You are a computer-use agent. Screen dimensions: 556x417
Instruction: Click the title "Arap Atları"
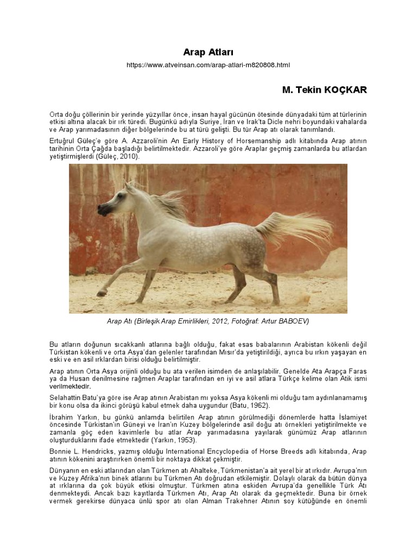(208, 52)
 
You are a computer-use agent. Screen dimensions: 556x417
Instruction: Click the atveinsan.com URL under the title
(208, 65)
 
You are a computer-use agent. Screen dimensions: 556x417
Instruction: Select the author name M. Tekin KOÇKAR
(324, 90)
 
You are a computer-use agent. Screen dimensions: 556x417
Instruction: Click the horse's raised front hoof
(101, 293)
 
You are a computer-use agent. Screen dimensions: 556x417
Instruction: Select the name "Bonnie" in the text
(60, 451)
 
